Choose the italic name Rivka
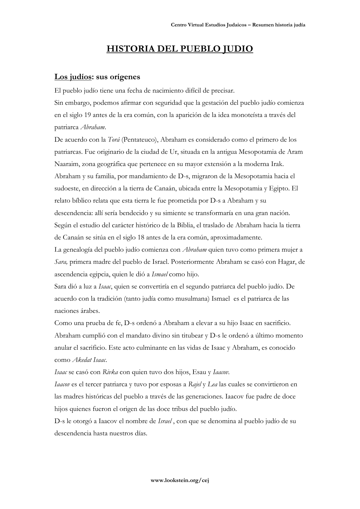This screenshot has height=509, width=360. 110,372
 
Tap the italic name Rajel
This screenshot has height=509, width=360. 195,385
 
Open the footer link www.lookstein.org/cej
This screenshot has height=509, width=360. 180,480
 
